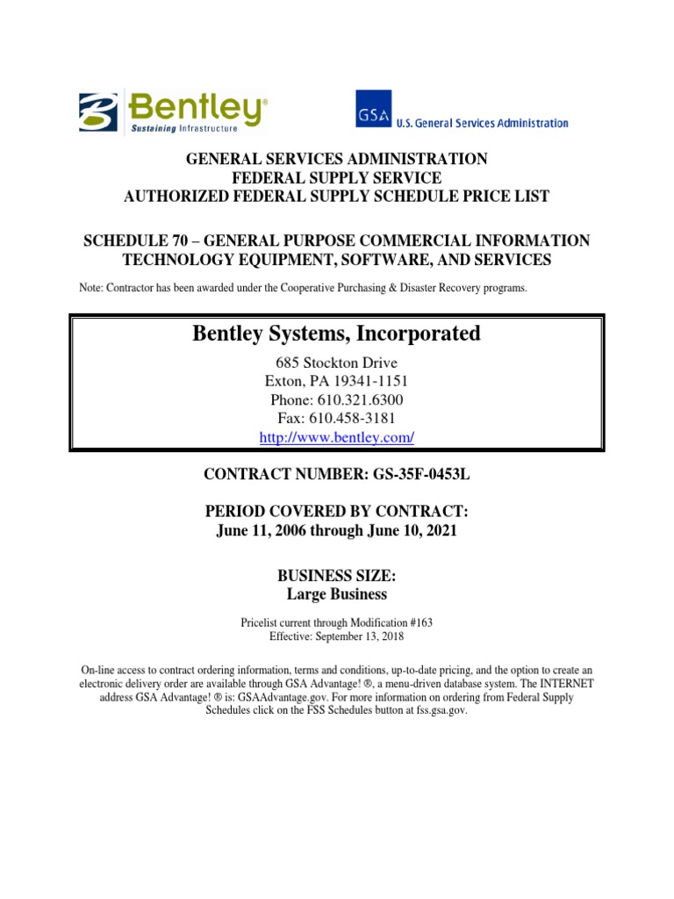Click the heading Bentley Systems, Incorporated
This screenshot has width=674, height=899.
[x=336, y=334]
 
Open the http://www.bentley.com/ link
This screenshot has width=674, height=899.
[x=336, y=436]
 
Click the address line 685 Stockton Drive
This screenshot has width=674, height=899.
[x=336, y=363]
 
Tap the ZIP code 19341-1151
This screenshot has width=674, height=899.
[x=369, y=381]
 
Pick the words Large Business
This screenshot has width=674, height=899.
[x=336, y=594]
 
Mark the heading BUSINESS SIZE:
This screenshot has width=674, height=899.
[x=336, y=577]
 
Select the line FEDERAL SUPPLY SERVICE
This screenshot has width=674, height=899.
[x=336, y=177]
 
